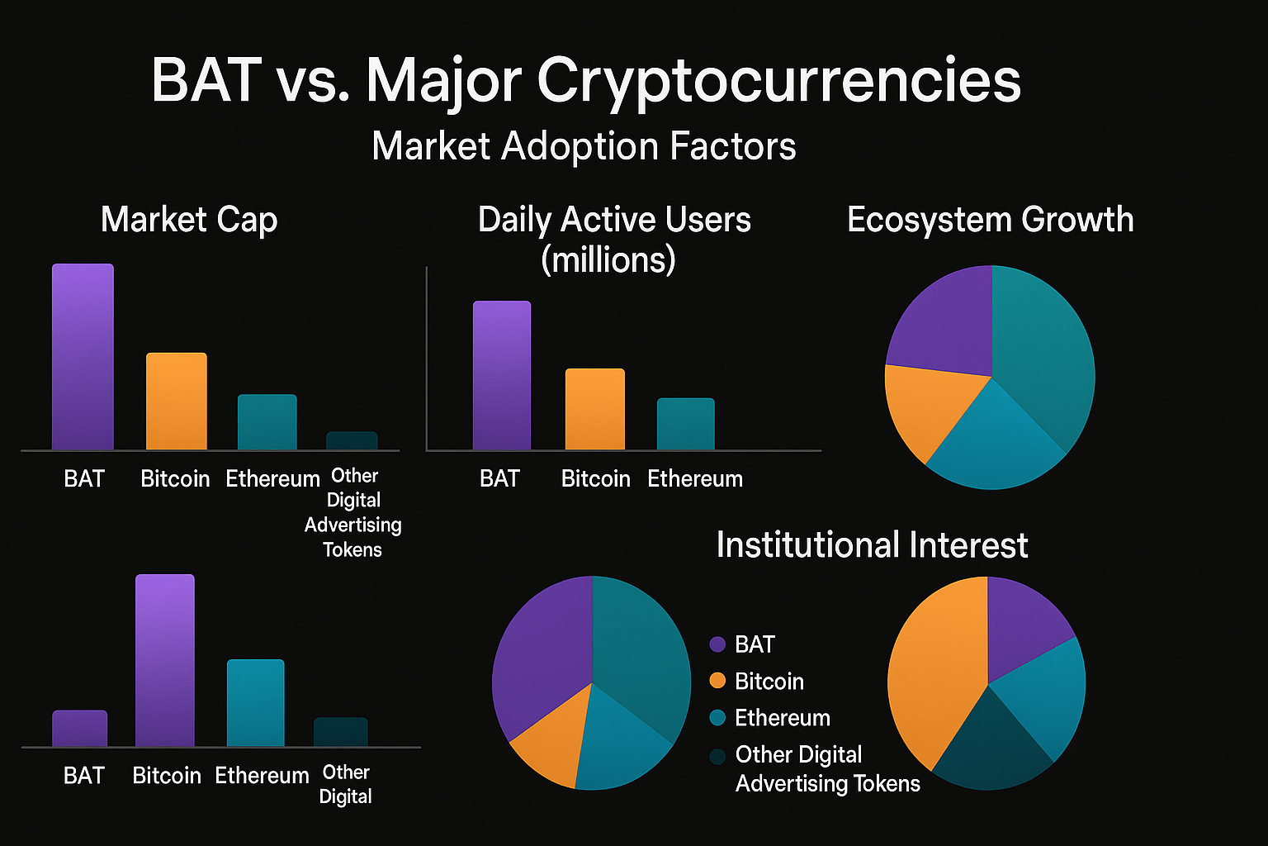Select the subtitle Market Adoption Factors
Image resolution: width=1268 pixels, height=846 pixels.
tap(584, 146)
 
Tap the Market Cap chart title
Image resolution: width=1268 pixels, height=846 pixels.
tap(189, 220)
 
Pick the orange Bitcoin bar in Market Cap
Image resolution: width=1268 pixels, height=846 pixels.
tap(176, 402)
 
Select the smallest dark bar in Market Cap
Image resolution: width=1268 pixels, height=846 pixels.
tap(352, 441)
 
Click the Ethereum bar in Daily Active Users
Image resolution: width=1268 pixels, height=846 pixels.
tap(685, 424)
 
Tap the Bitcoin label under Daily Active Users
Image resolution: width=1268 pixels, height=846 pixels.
tap(595, 479)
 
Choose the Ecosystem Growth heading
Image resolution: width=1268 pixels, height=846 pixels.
tap(990, 220)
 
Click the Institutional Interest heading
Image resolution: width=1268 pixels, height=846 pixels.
tap(872, 545)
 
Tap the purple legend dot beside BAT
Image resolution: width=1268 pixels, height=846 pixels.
tap(717, 644)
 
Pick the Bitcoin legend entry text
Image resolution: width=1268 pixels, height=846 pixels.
tap(769, 682)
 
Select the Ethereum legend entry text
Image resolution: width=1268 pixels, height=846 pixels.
tap(782, 718)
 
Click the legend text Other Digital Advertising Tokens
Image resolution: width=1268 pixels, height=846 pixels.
tap(826, 769)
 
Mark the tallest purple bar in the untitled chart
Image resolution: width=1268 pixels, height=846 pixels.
tap(165, 660)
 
